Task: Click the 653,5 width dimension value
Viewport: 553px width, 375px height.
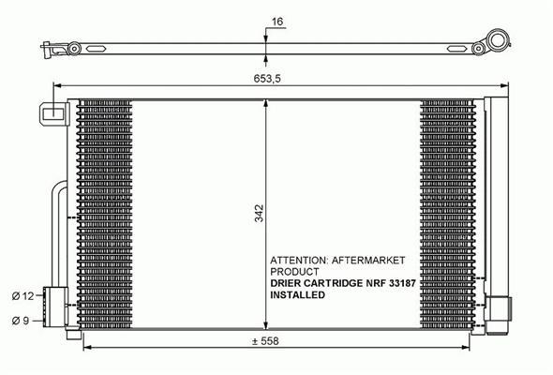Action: [x=267, y=79]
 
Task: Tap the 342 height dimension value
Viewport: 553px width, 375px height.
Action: [x=260, y=213]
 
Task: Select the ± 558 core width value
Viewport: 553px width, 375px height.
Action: [x=265, y=341]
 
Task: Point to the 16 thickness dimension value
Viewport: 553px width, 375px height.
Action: [x=277, y=22]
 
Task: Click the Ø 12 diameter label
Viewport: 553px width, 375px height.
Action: [x=22, y=296]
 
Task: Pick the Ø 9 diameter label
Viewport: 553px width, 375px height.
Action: [x=21, y=321]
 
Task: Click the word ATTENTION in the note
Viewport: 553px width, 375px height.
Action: [x=299, y=261]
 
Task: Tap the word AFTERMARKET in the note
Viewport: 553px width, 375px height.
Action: [x=368, y=261]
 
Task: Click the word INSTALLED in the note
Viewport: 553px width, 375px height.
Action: [x=297, y=295]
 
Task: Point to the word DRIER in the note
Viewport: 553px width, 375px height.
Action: [x=286, y=283]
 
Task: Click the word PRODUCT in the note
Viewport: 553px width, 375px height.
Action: [x=294, y=272]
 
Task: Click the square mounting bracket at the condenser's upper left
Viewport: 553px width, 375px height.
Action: [x=53, y=113]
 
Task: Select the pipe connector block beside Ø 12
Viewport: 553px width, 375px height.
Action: [x=54, y=307]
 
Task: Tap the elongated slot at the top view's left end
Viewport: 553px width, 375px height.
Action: [x=97, y=49]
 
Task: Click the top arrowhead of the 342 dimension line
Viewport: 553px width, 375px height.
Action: [x=265, y=103]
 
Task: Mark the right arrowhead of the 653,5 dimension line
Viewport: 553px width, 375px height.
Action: [x=504, y=85]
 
